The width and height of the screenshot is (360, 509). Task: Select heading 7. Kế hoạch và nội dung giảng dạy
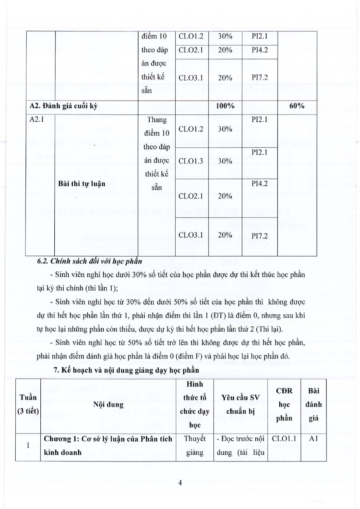pos(126,370)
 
